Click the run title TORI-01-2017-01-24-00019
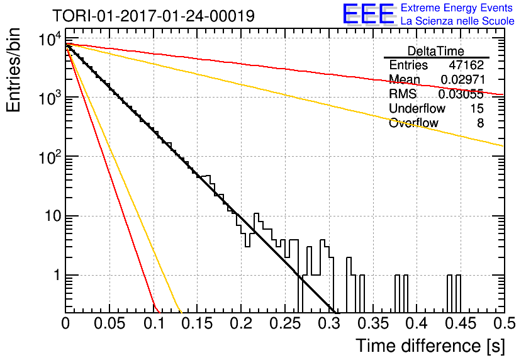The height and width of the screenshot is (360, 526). click(154, 16)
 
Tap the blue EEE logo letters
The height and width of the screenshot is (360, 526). click(368, 14)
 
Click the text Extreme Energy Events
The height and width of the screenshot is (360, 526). click(457, 8)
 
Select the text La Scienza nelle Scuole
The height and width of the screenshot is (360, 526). click(457, 21)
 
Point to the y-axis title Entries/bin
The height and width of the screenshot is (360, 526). click(14, 70)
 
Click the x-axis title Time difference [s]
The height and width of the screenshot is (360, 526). click(430, 346)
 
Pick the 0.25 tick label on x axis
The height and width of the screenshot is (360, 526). click(285, 323)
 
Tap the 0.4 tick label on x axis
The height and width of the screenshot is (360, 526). click(417, 323)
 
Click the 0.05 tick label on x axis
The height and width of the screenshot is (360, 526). click(109, 323)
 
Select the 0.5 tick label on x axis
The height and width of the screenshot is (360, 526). click(505, 323)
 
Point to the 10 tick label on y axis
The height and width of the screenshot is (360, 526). click(53, 216)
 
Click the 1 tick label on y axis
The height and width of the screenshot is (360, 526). click(57, 276)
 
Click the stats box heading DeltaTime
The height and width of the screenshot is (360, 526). click(436, 51)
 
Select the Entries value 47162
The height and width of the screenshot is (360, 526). click(466, 65)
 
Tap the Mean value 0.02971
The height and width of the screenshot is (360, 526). click(462, 79)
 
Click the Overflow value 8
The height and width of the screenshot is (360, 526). click(480, 123)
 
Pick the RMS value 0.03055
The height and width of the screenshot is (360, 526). click(461, 94)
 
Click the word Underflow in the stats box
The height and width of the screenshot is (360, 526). click(417, 108)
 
